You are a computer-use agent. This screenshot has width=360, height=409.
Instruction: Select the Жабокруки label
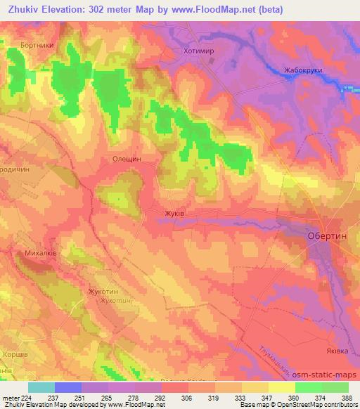point(304,70)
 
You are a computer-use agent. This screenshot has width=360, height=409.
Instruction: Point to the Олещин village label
point(127,159)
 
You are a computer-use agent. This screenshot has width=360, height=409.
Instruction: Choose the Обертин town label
point(327,237)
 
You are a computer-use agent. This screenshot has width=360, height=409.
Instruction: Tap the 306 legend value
point(178,397)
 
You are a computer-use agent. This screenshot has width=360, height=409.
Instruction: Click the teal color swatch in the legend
point(41,387)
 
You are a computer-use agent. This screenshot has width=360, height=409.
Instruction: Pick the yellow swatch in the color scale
point(281,387)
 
